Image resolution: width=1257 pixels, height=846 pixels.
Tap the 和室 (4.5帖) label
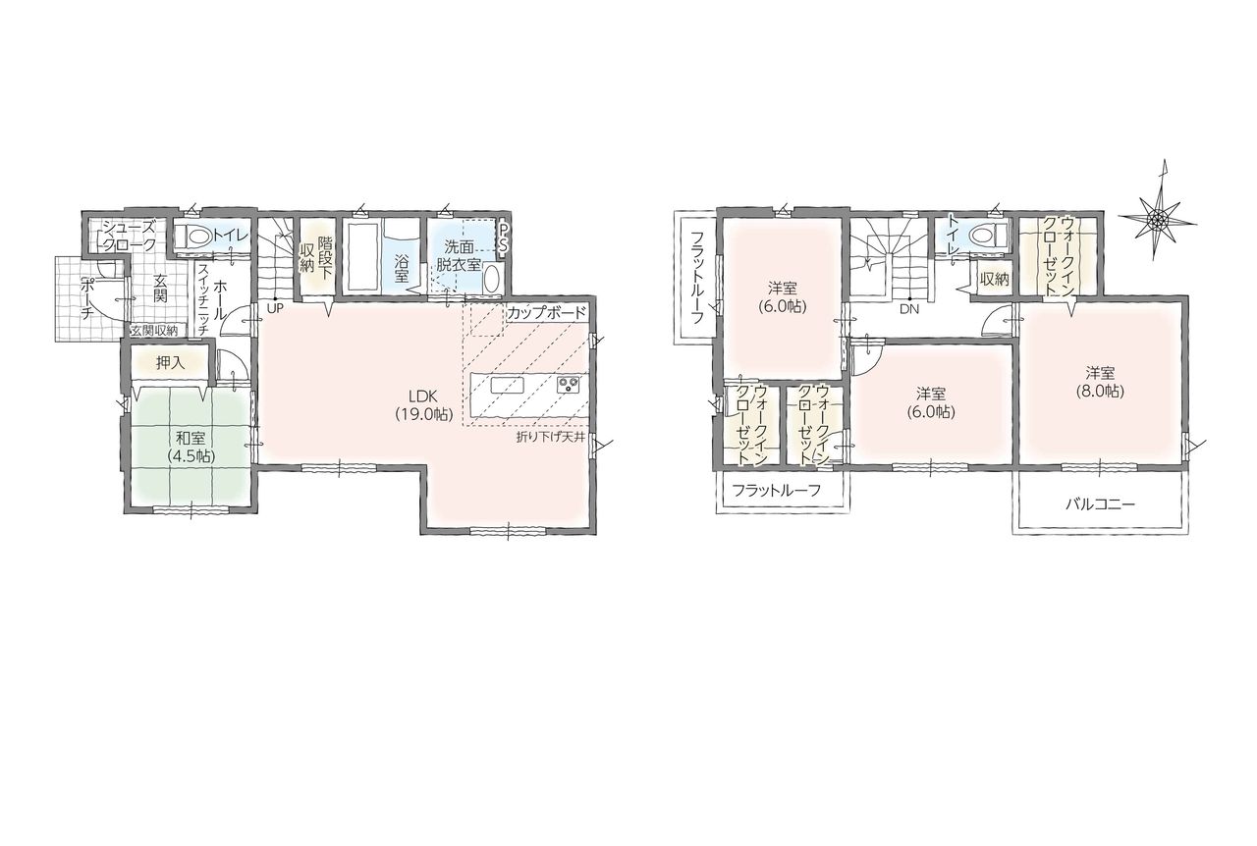tap(191, 447)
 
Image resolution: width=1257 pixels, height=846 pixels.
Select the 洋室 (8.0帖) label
tap(1100, 382)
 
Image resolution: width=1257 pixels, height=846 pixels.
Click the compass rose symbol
tap(1158, 218)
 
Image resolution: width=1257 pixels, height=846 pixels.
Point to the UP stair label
tap(275, 308)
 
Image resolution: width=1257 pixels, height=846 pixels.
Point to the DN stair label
tap(909, 308)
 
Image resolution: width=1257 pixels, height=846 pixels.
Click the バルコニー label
tap(1101, 504)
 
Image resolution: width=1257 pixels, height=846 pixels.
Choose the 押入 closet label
tap(170, 363)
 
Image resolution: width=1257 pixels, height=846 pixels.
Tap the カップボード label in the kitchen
tap(546, 313)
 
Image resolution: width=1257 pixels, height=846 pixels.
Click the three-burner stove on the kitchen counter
tap(568, 385)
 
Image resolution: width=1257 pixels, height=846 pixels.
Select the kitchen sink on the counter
tap(508, 386)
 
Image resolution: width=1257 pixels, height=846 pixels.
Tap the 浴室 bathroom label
tap(402, 268)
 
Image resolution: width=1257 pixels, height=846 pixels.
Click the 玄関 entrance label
tap(161, 288)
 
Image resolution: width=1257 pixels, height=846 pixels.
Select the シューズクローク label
tap(130, 236)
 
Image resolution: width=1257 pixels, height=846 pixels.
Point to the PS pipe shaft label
tap(504, 238)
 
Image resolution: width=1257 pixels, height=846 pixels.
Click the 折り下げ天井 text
tap(551, 437)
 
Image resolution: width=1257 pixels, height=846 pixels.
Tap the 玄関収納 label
tap(154, 331)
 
